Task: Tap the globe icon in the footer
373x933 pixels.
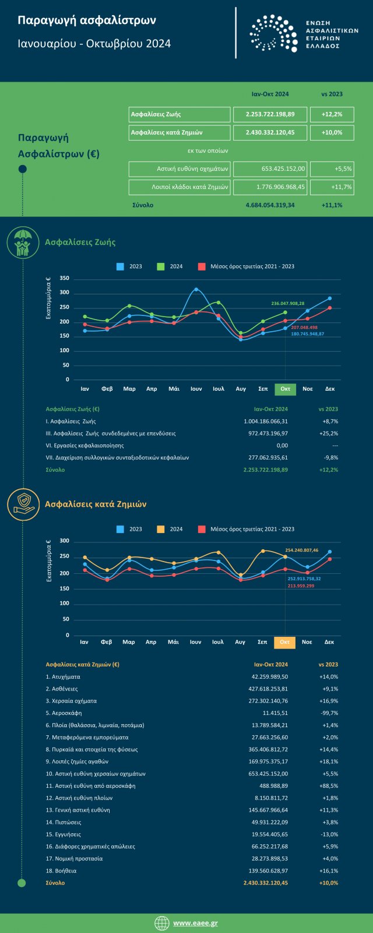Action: [x=162, y=923]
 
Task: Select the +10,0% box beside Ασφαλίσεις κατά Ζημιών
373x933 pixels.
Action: [x=332, y=132]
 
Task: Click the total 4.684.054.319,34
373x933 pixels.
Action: [x=270, y=205]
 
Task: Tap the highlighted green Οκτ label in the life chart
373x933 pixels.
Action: [x=285, y=389]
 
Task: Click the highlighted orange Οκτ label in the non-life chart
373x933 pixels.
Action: [x=284, y=642]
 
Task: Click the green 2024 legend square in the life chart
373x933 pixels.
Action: [x=161, y=266]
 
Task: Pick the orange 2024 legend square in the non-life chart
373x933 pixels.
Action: [x=161, y=529]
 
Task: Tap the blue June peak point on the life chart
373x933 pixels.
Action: [x=196, y=289]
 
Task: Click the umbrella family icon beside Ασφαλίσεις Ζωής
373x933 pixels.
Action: [x=23, y=243]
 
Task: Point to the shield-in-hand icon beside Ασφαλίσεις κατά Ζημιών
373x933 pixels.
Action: [x=23, y=504]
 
